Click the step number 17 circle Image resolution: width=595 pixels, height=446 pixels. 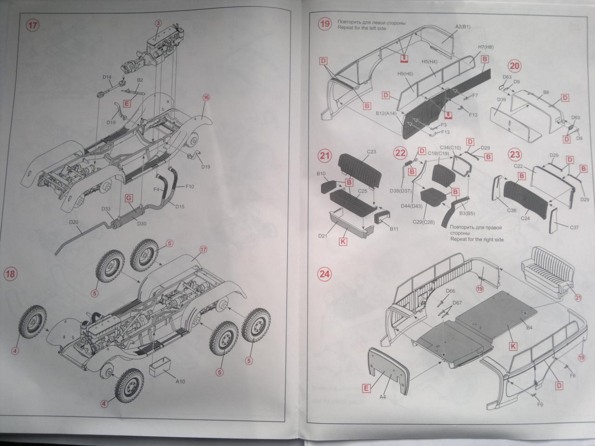click(x=32, y=26)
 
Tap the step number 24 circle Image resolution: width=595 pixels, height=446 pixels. click(x=324, y=274)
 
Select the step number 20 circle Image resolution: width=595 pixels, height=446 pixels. click(x=515, y=66)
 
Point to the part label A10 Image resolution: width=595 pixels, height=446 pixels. click(x=180, y=381)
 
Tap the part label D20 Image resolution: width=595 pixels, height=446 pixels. click(x=73, y=223)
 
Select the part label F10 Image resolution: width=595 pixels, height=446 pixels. click(x=189, y=187)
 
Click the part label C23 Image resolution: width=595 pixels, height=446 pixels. click(x=371, y=151)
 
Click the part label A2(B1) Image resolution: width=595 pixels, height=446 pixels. click(x=463, y=26)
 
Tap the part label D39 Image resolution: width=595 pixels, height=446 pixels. click(x=501, y=99)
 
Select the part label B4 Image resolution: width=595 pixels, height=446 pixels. click(x=529, y=328)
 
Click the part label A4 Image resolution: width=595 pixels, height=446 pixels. click(x=383, y=397)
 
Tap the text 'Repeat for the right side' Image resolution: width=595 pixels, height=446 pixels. click(x=476, y=239)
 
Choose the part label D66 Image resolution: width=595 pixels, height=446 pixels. click(x=450, y=291)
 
